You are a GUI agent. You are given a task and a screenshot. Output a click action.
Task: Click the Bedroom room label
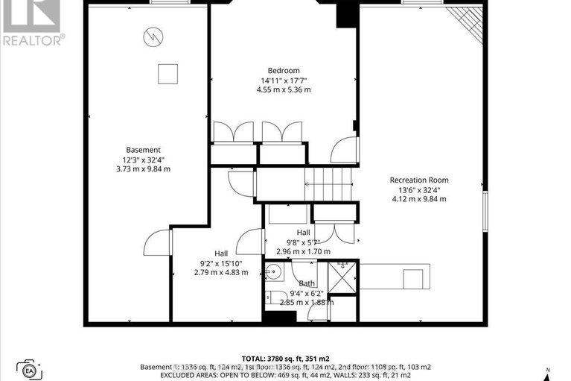pyautogui.click(x=284, y=71)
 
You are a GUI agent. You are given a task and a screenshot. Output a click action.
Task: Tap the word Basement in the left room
pyautogui.click(x=143, y=150)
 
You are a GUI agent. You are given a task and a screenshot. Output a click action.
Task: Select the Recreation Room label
pyautogui.click(x=419, y=180)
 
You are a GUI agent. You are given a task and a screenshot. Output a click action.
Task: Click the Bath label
pyautogui.click(x=307, y=283)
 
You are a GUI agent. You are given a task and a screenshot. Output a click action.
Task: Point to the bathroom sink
pyautogui.click(x=272, y=271)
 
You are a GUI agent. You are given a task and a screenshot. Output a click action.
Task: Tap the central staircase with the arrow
pyautogui.click(x=327, y=182)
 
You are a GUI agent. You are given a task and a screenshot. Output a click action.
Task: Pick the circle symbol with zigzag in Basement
pyautogui.click(x=153, y=35)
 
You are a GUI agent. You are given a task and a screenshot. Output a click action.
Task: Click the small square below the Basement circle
pyautogui.click(x=168, y=73)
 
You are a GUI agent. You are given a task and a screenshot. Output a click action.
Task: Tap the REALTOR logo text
pyautogui.click(x=32, y=40)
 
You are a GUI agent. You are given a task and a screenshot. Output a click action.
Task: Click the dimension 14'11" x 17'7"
pyautogui.click(x=284, y=81)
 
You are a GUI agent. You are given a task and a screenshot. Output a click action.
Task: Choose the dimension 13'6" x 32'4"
pyautogui.click(x=419, y=189)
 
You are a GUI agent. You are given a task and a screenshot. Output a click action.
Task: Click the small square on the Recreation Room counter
pyautogui.click(x=412, y=278)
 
